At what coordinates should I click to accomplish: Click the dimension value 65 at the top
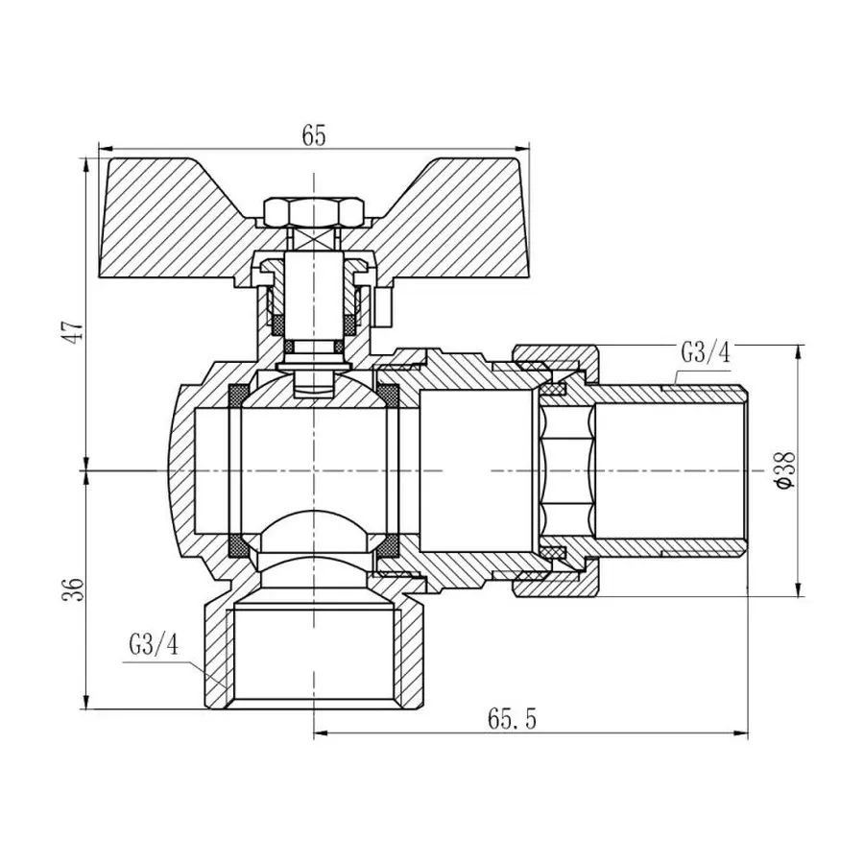[x=314, y=135]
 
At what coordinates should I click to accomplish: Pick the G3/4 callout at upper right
[x=706, y=352]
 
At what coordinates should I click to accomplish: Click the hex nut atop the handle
[x=314, y=210]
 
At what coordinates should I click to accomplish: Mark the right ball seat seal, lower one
[x=388, y=546]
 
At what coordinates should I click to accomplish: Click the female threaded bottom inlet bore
[x=314, y=653]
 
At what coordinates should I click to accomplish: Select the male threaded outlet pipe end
[x=672, y=470]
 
